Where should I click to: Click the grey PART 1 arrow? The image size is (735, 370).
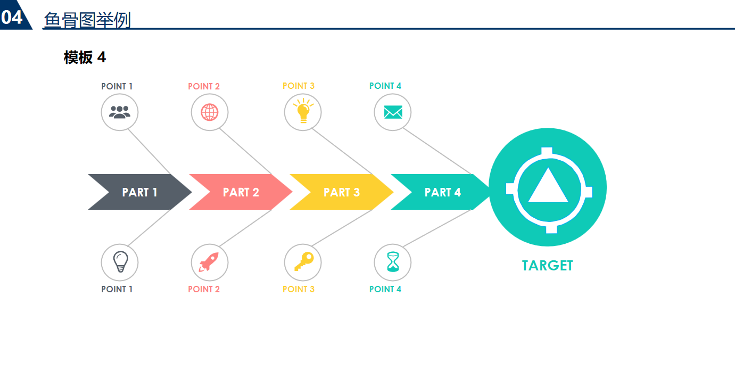click(139, 192)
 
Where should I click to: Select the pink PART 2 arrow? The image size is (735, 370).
click(241, 192)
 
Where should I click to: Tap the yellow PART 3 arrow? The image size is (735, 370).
click(341, 192)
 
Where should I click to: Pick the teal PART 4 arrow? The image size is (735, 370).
click(442, 192)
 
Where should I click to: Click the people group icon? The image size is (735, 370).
click(120, 112)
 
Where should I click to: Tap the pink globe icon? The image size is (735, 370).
click(210, 112)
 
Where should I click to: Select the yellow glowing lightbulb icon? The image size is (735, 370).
click(303, 111)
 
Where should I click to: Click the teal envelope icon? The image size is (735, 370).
click(393, 112)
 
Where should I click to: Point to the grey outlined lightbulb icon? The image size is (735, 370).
click(120, 261)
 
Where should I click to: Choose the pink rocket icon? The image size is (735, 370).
click(209, 262)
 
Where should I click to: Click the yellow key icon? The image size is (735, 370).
click(303, 261)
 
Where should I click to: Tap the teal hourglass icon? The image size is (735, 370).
click(393, 262)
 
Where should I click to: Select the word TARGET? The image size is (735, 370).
click(547, 266)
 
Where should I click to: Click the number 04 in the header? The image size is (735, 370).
click(12, 18)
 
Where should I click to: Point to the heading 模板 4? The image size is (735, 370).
click(85, 57)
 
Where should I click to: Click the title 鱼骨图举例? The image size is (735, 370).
click(87, 20)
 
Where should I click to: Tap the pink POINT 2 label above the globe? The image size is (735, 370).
click(204, 86)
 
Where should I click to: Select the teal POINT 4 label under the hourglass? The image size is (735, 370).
click(385, 289)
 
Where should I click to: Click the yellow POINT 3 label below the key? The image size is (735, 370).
click(299, 289)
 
